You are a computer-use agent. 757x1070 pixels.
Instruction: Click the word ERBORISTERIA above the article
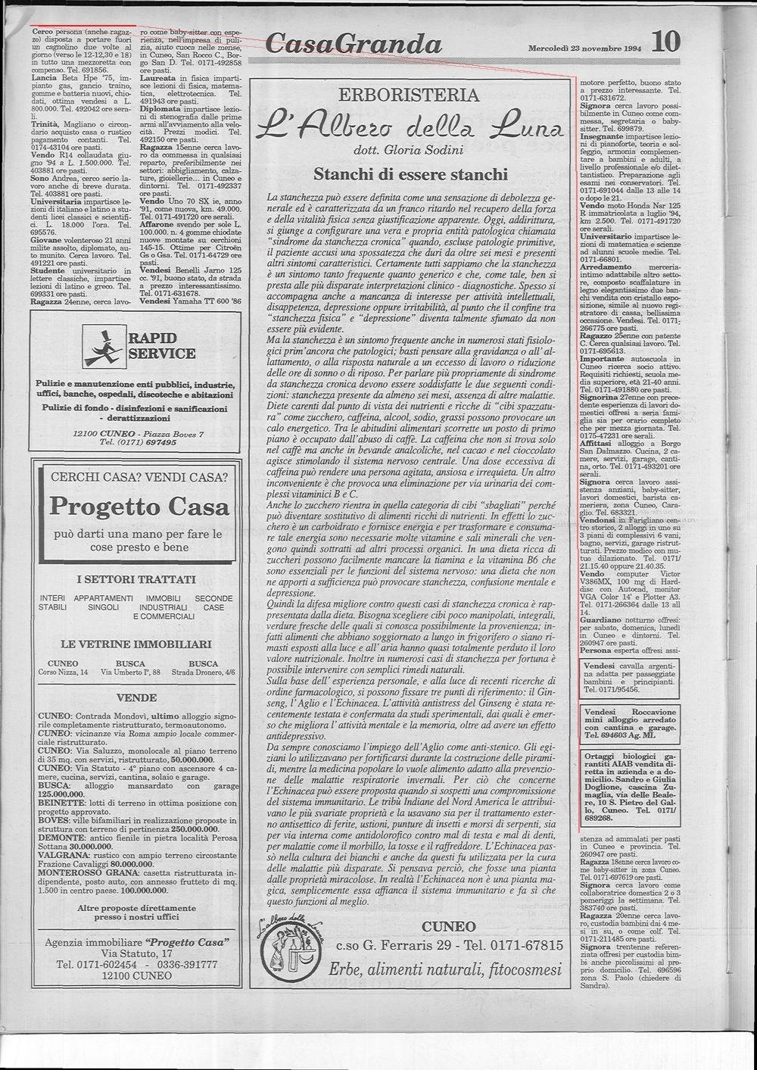tap(409, 95)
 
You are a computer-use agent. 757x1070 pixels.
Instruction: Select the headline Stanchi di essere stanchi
tap(410, 175)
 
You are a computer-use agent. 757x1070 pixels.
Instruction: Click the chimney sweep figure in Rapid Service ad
tap(104, 347)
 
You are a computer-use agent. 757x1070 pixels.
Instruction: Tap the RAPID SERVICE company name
tap(161, 345)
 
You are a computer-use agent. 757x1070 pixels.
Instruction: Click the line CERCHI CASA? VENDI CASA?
tap(138, 477)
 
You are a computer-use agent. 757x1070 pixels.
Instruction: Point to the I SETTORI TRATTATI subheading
tap(137, 580)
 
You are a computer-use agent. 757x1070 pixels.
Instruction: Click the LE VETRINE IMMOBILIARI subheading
tap(137, 644)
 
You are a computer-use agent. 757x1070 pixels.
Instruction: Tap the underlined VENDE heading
tap(137, 697)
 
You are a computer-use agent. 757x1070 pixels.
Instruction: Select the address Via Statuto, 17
tap(137, 953)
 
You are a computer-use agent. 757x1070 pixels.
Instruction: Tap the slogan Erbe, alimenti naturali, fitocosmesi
tap(445, 970)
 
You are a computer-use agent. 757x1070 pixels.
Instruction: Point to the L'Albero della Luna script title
tap(410, 124)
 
